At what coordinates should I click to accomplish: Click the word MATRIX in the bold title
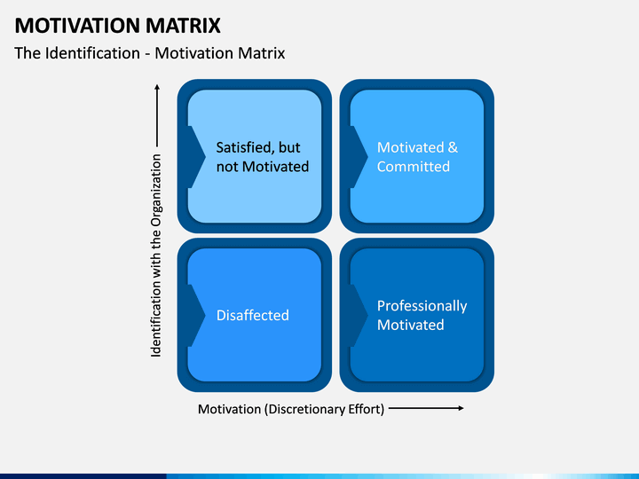click(183, 25)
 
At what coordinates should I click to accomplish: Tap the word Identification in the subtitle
click(92, 53)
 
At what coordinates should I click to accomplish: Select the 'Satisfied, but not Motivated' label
click(263, 157)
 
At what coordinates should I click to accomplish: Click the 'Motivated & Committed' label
click(417, 157)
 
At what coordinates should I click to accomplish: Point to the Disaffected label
click(253, 315)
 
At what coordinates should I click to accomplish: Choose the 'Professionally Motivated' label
click(422, 315)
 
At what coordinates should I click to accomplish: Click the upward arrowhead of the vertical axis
click(157, 87)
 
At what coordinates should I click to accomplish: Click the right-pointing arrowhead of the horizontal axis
click(461, 408)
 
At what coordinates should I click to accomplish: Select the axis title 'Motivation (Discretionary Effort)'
click(291, 409)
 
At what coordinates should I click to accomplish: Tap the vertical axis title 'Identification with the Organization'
click(156, 255)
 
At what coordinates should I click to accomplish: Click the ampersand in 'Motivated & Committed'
click(453, 147)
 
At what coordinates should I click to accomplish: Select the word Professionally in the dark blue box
click(422, 306)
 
